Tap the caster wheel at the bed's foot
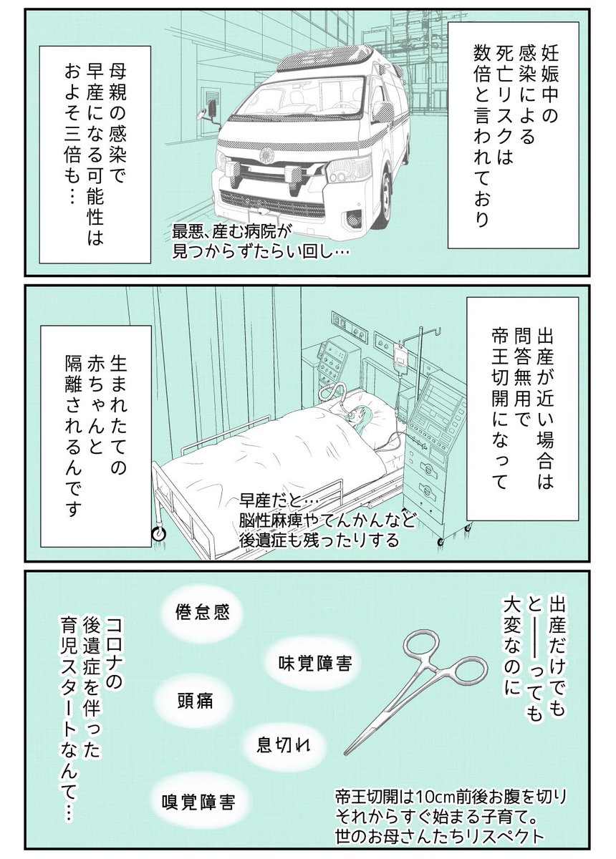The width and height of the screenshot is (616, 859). (158, 532)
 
